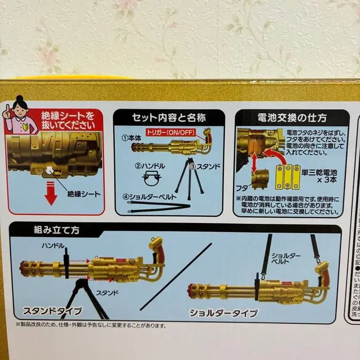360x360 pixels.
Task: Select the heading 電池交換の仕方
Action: (x=292, y=118)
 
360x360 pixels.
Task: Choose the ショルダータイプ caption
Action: (x=224, y=313)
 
